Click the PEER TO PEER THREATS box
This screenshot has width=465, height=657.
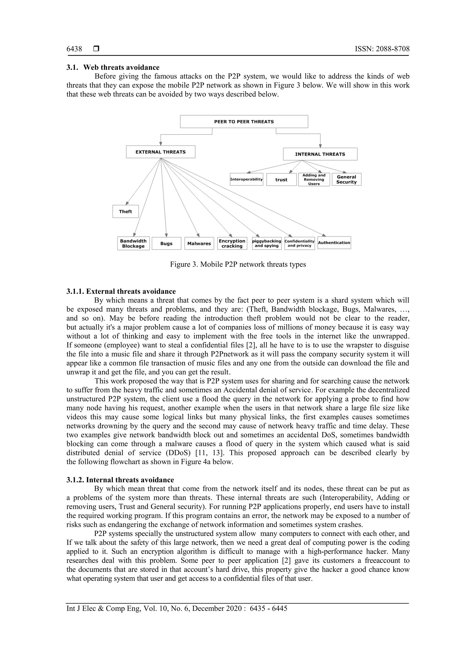point(244,122)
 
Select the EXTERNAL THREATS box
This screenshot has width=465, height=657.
point(161,152)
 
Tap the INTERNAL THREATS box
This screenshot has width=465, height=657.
point(320,154)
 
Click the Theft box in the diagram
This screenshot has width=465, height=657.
point(126,211)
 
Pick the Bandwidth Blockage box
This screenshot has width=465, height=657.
point(133,244)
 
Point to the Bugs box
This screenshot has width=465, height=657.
point(166,244)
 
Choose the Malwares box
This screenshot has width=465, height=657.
point(199,244)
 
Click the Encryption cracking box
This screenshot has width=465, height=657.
point(232,244)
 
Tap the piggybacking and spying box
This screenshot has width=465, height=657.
point(267,244)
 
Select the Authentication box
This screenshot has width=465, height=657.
point(334,243)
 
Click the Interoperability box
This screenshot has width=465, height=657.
point(246,179)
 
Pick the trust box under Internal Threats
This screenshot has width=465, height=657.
point(281,180)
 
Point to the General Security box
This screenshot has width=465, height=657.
point(346,179)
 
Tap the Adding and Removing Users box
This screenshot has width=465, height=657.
point(314,180)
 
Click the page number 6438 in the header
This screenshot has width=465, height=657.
point(74,49)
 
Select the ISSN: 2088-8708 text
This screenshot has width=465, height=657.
point(382,49)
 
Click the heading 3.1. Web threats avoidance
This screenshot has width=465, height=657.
point(113,68)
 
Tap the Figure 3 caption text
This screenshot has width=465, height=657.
point(238,264)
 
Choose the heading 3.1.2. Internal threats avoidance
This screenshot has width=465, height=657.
point(120,480)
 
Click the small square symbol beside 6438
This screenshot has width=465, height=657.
point(96,49)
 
